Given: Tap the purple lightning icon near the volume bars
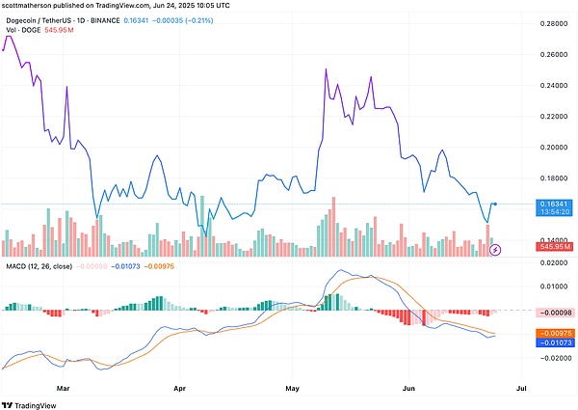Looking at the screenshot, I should [x=495, y=250].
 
